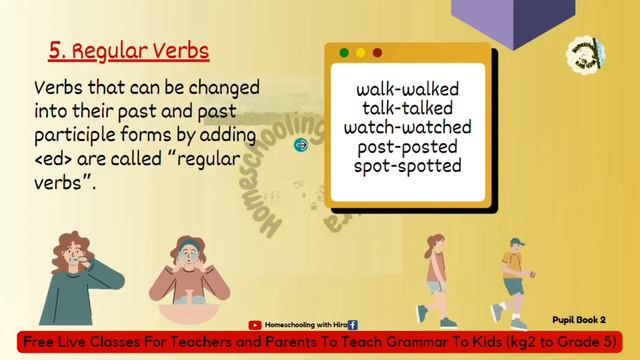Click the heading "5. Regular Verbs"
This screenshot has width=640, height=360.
pos(128,50)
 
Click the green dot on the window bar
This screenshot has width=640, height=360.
pos(344,52)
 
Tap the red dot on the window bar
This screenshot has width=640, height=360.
pos(377,52)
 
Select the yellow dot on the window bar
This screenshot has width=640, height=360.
pos(361,52)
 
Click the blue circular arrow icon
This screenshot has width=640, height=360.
pos(301,145)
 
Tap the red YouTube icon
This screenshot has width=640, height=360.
pos(255,325)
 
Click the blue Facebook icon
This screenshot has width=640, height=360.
pos(352,325)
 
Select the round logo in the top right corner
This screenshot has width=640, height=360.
pos(583,53)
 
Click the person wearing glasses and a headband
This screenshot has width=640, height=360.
pos(189,275)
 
